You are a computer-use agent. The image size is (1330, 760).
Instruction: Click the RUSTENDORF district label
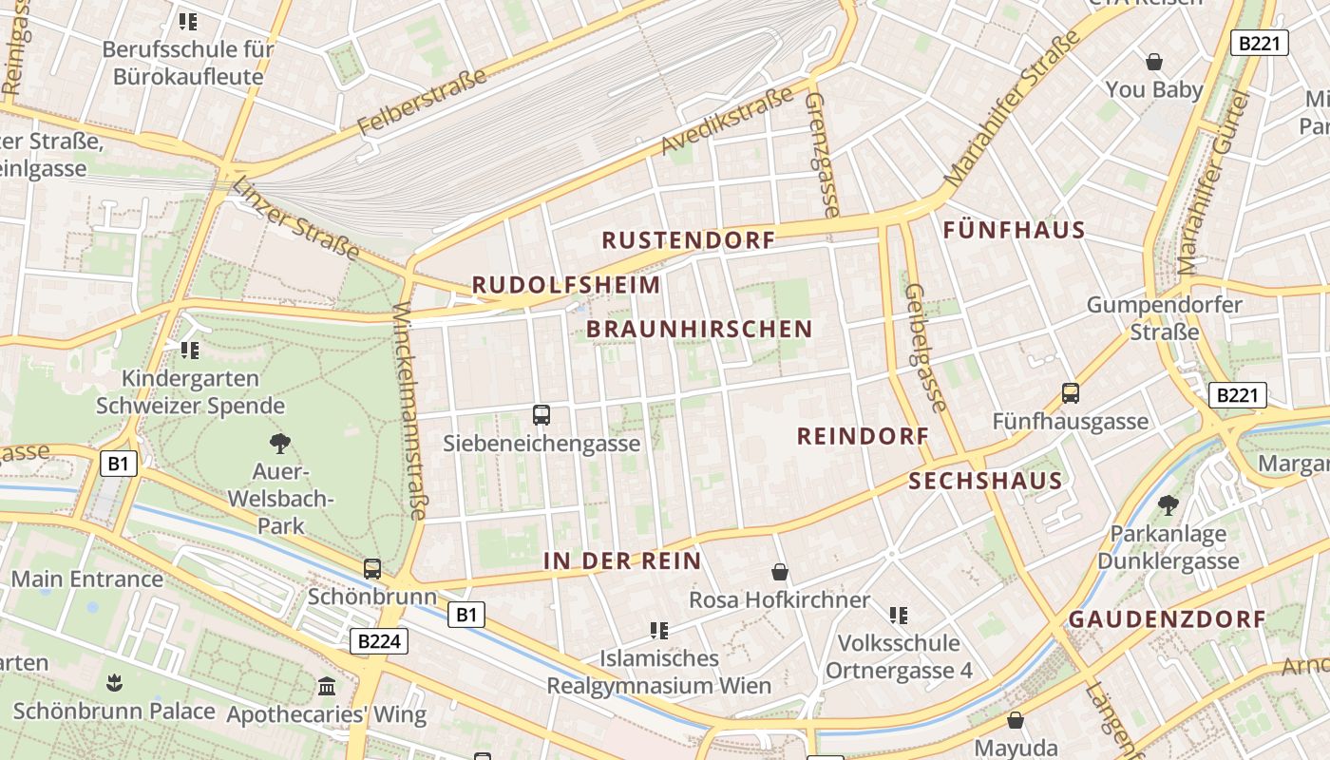(x=689, y=240)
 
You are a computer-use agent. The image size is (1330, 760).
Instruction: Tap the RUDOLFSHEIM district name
(x=566, y=285)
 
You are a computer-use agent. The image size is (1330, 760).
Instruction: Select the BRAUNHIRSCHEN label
(x=699, y=330)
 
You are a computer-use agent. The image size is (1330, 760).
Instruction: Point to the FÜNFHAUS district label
(x=1014, y=230)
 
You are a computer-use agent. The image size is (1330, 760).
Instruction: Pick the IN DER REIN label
(x=622, y=561)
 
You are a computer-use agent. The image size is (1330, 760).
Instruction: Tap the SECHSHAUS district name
(x=985, y=481)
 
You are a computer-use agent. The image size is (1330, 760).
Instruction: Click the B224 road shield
(x=379, y=641)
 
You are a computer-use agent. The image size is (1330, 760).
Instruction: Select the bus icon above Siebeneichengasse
(x=541, y=415)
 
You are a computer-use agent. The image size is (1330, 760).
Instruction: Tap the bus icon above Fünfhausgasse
(x=1071, y=393)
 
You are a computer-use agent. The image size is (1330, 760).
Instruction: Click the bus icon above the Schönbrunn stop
(x=372, y=569)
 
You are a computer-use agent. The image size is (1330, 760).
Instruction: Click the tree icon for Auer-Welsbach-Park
(x=279, y=443)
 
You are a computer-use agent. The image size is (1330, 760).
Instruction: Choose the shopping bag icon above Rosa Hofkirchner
(x=779, y=572)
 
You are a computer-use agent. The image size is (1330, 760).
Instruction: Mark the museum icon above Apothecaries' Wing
(x=327, y=686)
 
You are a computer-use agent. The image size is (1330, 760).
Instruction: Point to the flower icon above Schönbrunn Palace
(x=114, y=682)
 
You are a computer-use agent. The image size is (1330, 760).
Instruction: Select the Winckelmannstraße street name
(x=409, y=410)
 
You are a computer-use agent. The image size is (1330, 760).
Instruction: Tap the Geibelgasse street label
(x=926, y=349)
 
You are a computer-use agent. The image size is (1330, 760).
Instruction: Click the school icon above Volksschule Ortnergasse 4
(x=899, y=616)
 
